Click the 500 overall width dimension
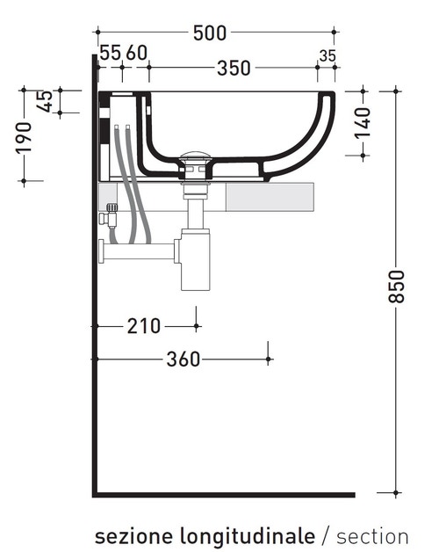click(210, 33)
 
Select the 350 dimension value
click(234, 68)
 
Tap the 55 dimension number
click(110, 53)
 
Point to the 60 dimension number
click(136, 53)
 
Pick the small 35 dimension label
click(327, 55)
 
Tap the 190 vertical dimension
click(24, 137)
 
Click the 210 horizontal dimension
click(144, 326)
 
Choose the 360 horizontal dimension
click(184, 360)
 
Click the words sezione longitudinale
click(204, 535)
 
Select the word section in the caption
click(372, 535)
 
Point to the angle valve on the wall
click(110, 216)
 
